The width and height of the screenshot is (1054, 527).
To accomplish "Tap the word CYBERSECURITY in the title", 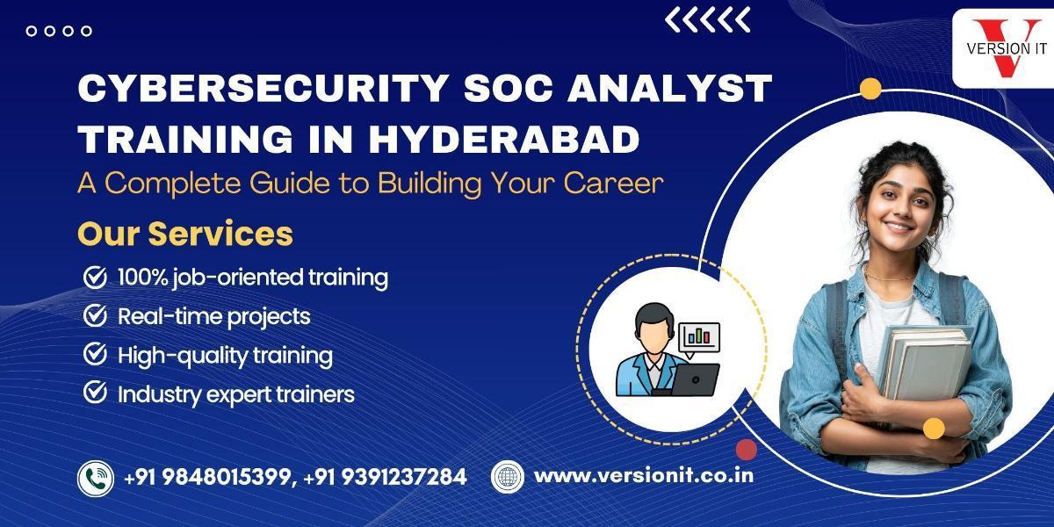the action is pos(263,88).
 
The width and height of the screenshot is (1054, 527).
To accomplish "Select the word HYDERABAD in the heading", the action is pos(504,139).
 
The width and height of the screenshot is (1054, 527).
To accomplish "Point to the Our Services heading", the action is pos(185,234).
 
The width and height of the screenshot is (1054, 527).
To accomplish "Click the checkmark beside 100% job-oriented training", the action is pos(95,277).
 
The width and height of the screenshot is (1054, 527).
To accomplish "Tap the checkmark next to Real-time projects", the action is pos(95,315).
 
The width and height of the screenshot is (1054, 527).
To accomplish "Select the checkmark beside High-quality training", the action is pos(95,354).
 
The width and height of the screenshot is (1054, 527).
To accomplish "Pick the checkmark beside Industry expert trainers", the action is pos(95,393).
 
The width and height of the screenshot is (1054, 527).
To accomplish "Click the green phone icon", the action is pos(96,479).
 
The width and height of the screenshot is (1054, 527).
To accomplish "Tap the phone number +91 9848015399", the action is pos(207,477).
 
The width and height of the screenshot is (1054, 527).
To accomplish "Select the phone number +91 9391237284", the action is pos(385,477).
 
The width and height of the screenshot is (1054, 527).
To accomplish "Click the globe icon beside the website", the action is pos(508,477).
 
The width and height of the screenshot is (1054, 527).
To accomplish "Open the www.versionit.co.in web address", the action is pos(644,476).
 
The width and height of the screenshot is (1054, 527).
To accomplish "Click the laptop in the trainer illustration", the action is pos(696,379).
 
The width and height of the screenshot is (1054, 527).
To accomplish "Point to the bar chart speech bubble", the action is pos(699,339).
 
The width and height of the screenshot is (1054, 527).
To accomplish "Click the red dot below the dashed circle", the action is pos(747,450).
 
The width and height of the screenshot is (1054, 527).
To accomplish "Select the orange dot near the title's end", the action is pos(870,89).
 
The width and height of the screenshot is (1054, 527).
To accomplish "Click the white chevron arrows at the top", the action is pos(707,20).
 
